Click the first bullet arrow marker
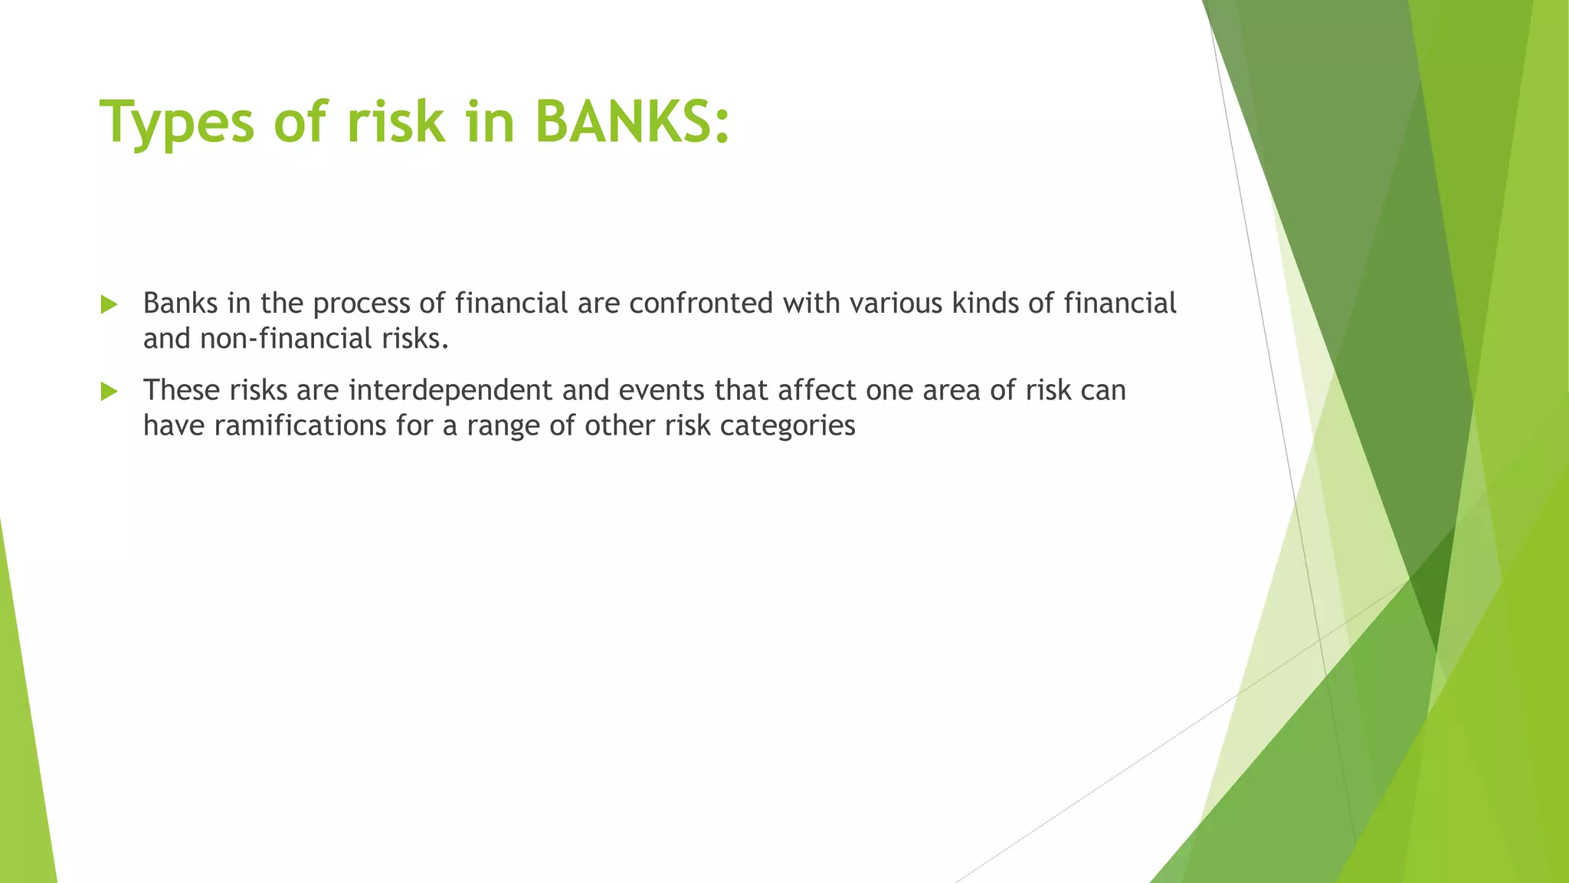click(x=109, y=305)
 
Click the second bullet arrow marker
click(x=109, y=392)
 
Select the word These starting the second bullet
click(x=182, y=390)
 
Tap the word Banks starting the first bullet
click(x=180, y=304)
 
